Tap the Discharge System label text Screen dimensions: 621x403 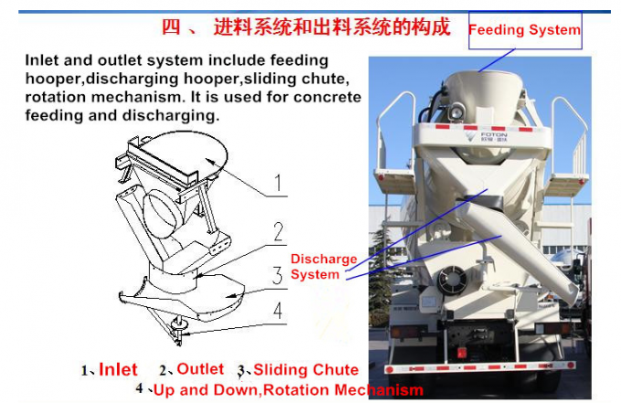[323, 267]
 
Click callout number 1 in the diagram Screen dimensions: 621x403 [278, 183]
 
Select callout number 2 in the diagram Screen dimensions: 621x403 [279, 232]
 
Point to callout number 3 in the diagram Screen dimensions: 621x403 [278, 275]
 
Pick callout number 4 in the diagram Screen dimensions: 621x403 [278, 310]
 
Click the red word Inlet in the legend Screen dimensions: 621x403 [118, 370]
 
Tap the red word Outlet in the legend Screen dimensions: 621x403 [200, 369]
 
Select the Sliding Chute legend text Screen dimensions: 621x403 [306, 370]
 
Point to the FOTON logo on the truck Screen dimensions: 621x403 [487, 137]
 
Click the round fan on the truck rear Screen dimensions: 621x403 [451, 280]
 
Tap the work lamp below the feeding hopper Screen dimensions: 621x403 [457, 111]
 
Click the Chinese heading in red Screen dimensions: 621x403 [306, 27]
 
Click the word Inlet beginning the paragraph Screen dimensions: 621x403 [42, 60]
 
